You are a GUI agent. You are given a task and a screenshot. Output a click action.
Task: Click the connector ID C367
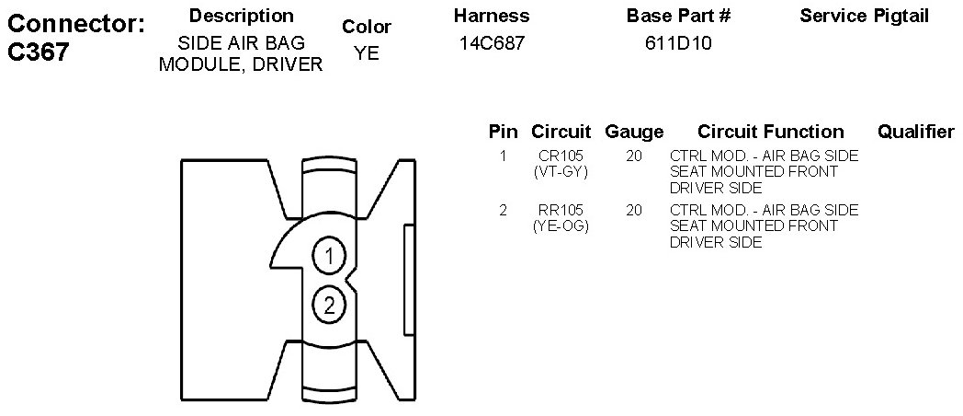(x=38, y=52)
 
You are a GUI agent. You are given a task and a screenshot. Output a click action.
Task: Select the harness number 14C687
(x=493, y=43)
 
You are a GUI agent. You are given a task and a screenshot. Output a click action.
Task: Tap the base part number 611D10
(x=678, y=43)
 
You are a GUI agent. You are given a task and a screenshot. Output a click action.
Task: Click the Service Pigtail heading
(x=864, y=17)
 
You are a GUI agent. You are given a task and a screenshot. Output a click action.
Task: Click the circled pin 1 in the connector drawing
(x=329, y=255)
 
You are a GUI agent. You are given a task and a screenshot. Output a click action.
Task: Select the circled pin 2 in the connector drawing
(x=329, y=305)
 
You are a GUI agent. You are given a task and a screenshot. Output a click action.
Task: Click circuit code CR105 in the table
(x=561, y=156)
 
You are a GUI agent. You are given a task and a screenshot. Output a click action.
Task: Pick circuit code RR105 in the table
(x=561, y=211)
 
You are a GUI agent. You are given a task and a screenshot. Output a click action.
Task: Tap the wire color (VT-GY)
(x=561, y=172)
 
